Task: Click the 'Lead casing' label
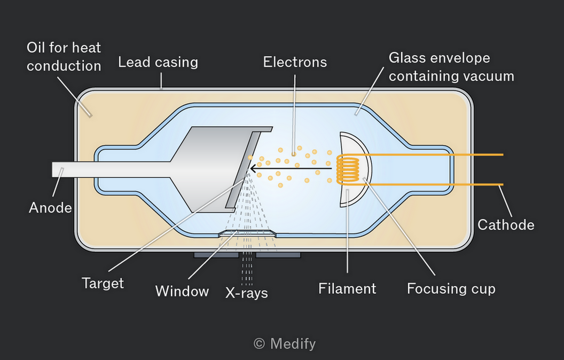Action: point(158,62)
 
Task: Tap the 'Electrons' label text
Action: point(295,62)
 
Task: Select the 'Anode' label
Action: point(50,208)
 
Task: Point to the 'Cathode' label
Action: point(506,225)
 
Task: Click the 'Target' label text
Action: point(103,283)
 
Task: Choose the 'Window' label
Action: point(182,291)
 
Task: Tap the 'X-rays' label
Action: point(247,293)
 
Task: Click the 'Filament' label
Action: point(347,288)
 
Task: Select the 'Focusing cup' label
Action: point(451,289)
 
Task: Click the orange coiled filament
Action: point(348,169)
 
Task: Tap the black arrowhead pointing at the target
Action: point(254,168)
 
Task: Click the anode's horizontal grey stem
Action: point(112,169)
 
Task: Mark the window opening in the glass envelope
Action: point(247,233)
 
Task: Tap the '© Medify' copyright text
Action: point(285,344)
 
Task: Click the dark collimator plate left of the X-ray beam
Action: point(216,255)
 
